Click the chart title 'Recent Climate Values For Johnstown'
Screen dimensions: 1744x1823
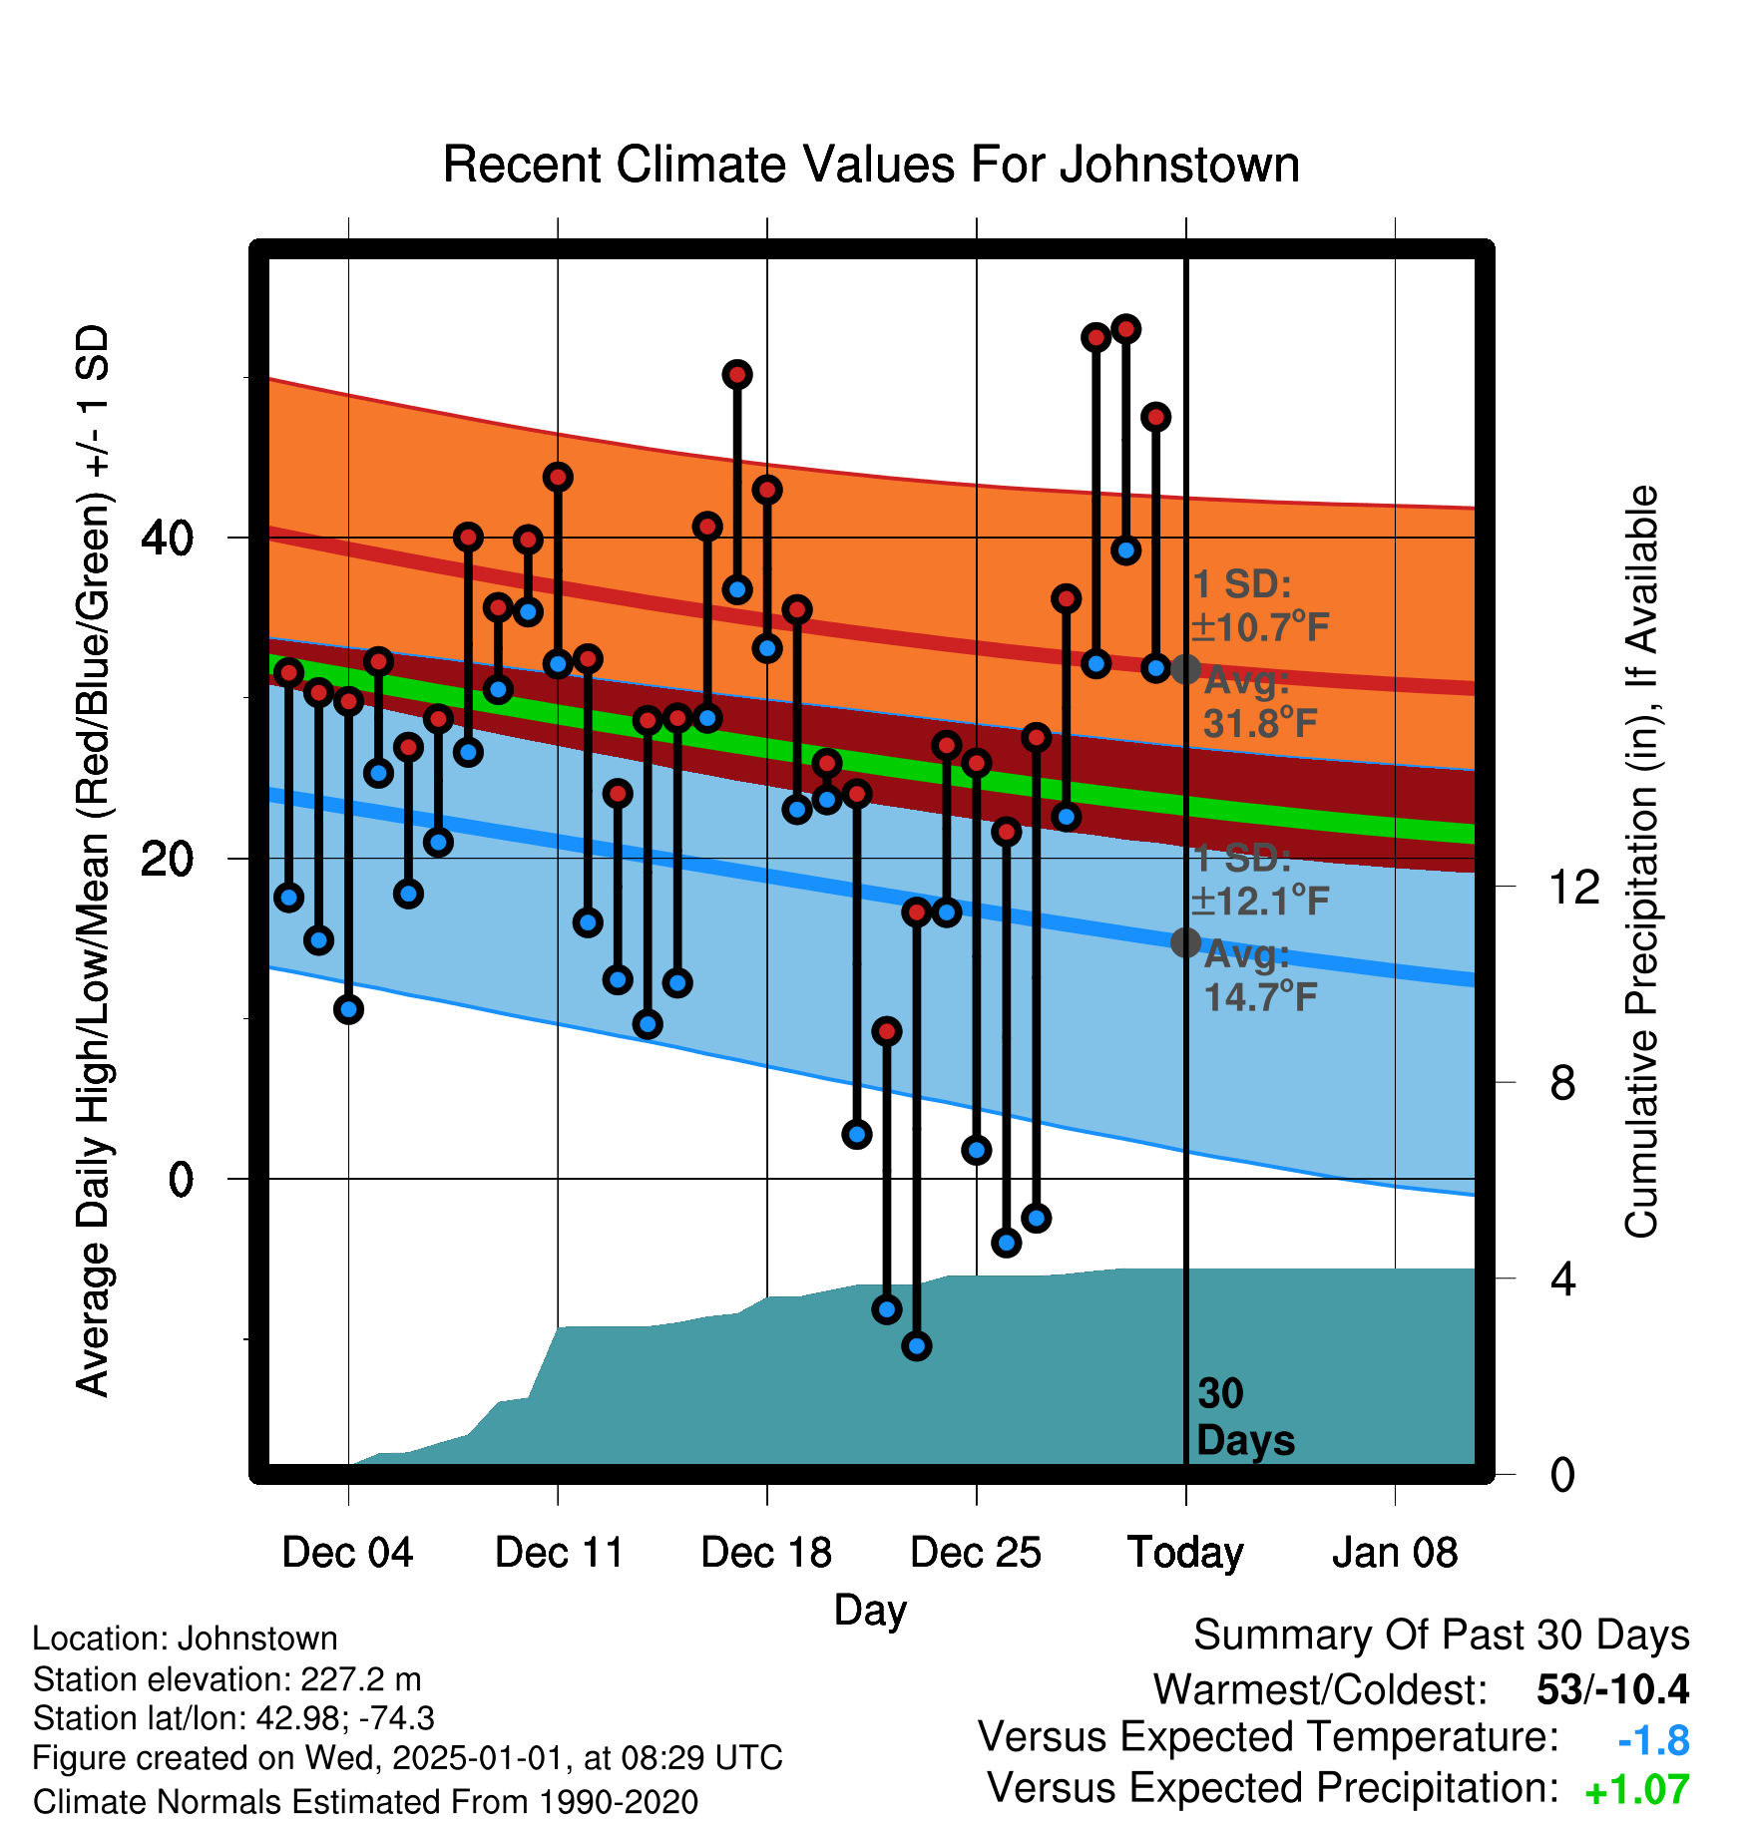pos(871,165)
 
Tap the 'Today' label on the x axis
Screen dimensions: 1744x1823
pos(1185,1553)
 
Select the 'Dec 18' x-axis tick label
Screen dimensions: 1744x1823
pos(766,1553)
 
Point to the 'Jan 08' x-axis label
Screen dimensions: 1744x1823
pos(1395,1553)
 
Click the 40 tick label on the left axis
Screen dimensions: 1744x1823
pos(168,539)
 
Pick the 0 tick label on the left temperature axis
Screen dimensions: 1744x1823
pos(181,1180)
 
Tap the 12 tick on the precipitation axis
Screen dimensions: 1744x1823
pos(1574,887)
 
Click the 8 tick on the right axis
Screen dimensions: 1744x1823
pos(1563,1082)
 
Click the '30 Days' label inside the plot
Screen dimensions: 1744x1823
pos(1245,1417)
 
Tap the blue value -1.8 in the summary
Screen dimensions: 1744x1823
pos(1653,1740)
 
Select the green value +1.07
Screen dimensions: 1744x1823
pos(1637,1790)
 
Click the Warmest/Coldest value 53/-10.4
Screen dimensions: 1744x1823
pos(1613,1689)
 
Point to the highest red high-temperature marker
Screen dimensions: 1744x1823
pos(1125,329)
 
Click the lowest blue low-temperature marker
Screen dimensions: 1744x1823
pos(916,1346)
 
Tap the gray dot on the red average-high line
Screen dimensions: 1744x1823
pos(1185,669)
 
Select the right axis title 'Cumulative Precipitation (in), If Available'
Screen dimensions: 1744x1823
pos(1641,863)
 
